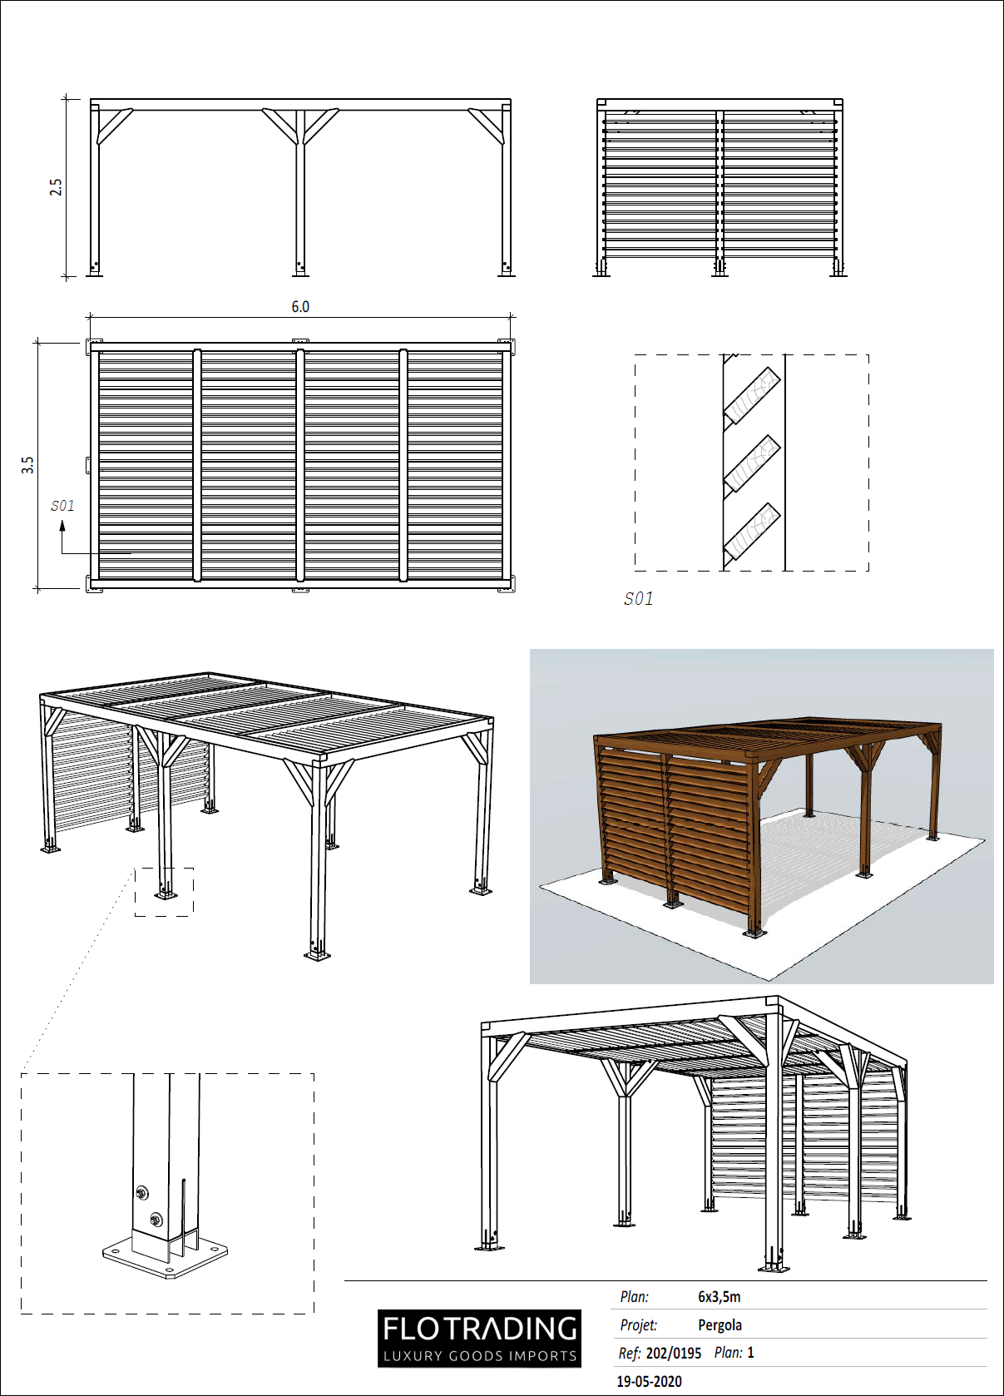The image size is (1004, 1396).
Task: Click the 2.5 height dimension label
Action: click(x=56, y=187)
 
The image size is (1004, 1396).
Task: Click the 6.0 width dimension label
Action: click(x=300, y=307)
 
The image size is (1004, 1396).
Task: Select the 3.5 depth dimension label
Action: click(x=28, y=465)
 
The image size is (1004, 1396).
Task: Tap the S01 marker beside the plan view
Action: click(x=62, y=506)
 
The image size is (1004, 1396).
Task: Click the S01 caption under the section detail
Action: click(x=639, y=599)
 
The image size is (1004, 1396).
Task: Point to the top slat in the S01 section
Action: click(x=751, y=396)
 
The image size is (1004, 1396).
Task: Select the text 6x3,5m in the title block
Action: click(x=719, y=1297)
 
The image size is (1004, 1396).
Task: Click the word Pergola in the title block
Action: click(x=720, y=1325)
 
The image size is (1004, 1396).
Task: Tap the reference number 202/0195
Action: click(x=673, y=1353)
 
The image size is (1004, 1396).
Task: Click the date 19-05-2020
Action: click(x=649, y=1381)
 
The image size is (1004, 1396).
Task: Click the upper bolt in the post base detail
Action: click(x=142, y=1193)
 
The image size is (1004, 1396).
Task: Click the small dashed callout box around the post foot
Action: click(x=165, y=892)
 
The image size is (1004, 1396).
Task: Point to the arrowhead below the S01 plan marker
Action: click(x=62, y=527)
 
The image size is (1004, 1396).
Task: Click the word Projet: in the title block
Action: click(x=638, y=1325)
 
